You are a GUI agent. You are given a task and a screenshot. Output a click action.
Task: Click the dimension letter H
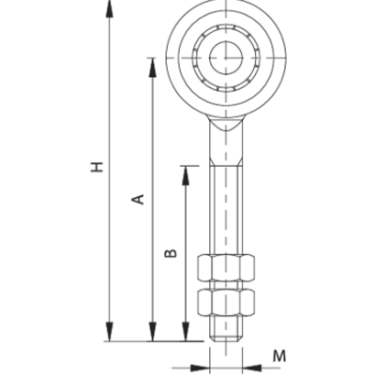tap(97, 167)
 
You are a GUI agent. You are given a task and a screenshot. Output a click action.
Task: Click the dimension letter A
tap(138, 199)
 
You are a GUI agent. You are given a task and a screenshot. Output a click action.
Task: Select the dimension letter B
tap(171, 253)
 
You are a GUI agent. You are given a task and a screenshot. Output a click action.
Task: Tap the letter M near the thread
tap(279, 356)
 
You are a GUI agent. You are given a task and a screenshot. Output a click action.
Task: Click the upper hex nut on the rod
tap(226, 267)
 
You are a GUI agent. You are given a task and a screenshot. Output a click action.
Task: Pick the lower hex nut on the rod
tap(226, 302)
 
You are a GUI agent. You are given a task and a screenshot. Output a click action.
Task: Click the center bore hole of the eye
tap(226, 58)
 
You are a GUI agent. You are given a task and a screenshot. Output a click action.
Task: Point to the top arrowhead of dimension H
tap(109, 8)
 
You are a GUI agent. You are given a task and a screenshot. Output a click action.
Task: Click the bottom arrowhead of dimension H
tap(109, 332)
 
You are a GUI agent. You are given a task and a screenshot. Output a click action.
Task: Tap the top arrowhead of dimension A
tap(153, 67)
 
